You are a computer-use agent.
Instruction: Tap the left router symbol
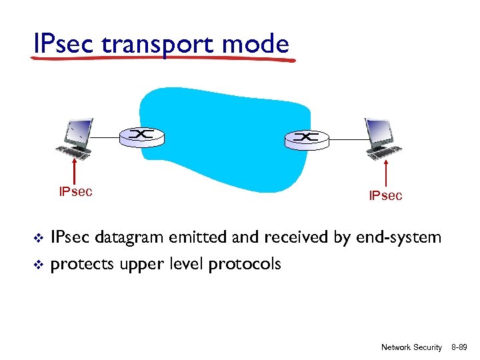tap(141, 136)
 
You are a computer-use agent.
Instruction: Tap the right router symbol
tap(306, 137)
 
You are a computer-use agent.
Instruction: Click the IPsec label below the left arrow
tap(75, 192)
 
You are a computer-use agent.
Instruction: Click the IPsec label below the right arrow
tap(386, 195)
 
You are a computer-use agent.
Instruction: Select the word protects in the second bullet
tap(81, 265)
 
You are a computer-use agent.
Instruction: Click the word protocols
tap(245, 265)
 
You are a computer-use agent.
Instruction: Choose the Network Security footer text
tap(411, 347)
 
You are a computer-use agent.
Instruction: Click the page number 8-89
tap(459, 347)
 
